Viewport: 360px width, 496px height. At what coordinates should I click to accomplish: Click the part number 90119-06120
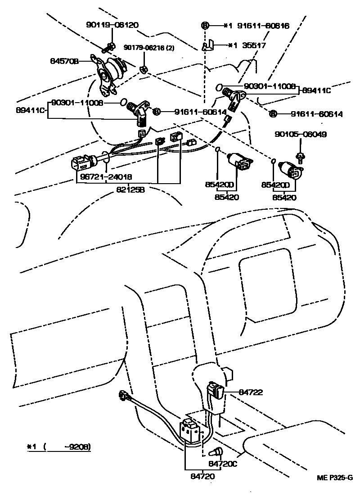pyautogui.click(x=106, y=25)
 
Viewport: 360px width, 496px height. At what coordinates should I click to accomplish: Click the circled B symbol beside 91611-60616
pyautogui.click(x=205, y=26)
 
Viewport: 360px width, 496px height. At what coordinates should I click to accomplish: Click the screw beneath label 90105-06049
pyautogui.click(x=300, y=156)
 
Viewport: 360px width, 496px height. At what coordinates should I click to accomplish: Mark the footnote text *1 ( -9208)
pyautogui.click(x=58, y=447)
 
